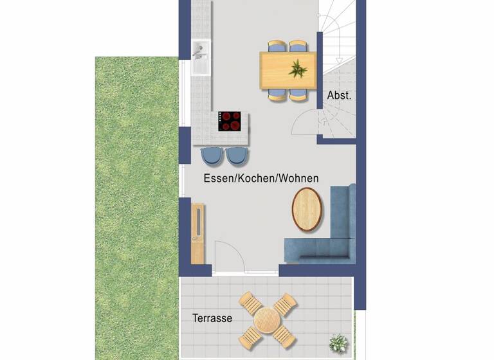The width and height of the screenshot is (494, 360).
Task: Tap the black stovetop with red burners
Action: click(x=230, y=121)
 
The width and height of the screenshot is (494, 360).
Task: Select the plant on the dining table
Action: click(x=298, y=67)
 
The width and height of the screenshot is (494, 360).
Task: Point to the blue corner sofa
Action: click(x=322, y=248)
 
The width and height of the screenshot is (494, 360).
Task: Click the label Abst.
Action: click(x=339, y=95)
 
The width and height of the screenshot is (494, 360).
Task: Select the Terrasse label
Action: click(x=212, y=318)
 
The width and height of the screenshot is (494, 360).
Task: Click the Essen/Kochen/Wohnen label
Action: click(x=261, y=178)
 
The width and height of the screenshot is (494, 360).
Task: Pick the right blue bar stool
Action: click(x=235, y=155)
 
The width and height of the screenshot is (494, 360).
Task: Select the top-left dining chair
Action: click(x=277, y=47)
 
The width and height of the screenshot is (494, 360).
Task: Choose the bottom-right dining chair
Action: click(x=298, y=94)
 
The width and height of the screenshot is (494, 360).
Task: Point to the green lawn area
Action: click(x=135, y=206)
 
